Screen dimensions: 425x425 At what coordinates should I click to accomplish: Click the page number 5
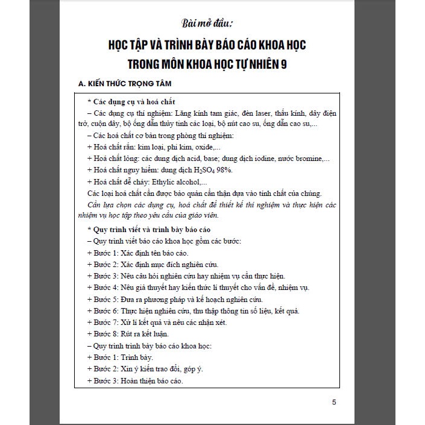coord(335,403)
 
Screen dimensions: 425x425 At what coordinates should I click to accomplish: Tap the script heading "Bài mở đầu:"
coord(211,24)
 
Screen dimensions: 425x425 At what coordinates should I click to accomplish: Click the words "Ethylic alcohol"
coord(168,181)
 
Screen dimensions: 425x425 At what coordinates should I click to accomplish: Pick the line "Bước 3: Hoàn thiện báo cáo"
coord(136,381)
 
